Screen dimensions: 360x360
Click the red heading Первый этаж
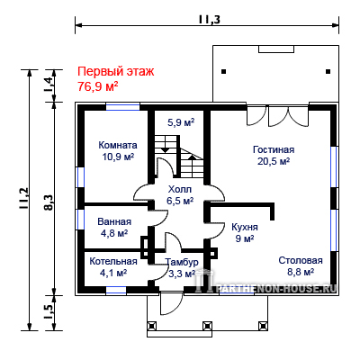[x=116, y=72]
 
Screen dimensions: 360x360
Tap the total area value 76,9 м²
[x=98, y=86]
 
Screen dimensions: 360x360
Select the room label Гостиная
[x=274, y=149]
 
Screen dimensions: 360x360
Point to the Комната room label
[x=118, y=145]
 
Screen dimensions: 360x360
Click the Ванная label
[x=114, y=221]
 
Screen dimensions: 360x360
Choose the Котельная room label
[x=113, y=261]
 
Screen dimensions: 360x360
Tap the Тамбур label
[x=182, y=262]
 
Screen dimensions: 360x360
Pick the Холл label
[x=180, y=189]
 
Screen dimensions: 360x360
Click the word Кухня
[x=245, y=227]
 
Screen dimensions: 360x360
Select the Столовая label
[x=301, y=260]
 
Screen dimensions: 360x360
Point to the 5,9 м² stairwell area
[x=181, y=122]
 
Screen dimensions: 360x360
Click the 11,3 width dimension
[x=209, y=20]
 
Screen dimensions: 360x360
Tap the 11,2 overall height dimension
[x=24, y=199]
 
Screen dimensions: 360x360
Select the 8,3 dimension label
[x=49, y=202]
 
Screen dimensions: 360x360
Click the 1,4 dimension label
[x=49, y=85]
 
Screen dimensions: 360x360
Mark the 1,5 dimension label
[x=49, y=312]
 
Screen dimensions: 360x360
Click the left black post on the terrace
[x=224, y=72]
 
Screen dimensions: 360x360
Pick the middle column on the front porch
[x=207, y=326]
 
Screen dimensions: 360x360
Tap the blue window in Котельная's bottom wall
[x=116, y=290]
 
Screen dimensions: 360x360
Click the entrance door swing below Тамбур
[x=171, y=303]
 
